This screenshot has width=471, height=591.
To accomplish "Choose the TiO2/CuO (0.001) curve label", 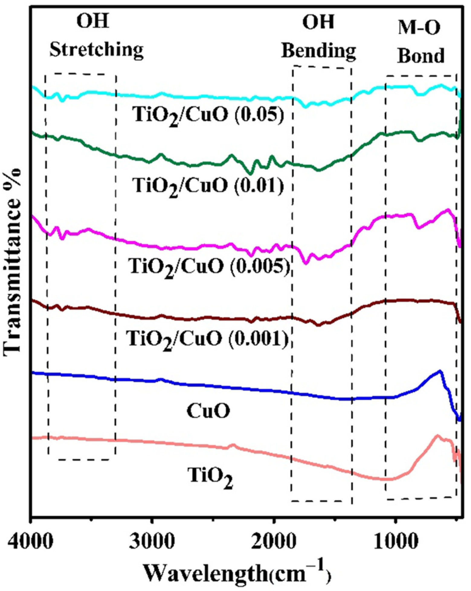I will (x=207, y=339).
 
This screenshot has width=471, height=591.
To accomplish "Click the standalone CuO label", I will (x=208, y=411).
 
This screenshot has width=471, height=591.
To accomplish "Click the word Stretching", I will (x=96, y=50).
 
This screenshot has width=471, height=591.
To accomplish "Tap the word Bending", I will (x=319, y=51).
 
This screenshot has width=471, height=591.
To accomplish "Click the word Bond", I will (x=421, y=56).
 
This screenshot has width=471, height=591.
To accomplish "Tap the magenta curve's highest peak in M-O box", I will (x=448, y=209).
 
